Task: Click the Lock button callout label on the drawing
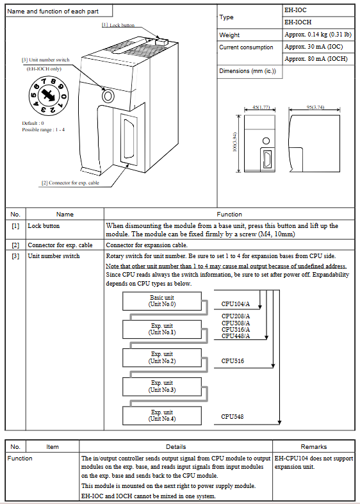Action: (118, 25)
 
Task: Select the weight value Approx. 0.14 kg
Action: (318, 35)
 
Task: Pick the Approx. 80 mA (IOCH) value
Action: (316, 59)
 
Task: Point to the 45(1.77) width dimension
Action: (259, 108)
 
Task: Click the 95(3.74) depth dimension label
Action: (315, 108)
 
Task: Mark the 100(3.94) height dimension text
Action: (235, 143)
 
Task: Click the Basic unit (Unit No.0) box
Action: (162, 301)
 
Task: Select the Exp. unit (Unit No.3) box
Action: (162, 387)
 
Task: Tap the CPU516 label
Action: (233, 361)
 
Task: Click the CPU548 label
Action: (233, 417)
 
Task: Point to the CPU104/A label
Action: (235, 304)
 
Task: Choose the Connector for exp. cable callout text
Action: (70, 183)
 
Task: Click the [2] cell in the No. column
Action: (15, 245)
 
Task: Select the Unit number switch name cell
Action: (54, 256)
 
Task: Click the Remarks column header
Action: (313, 447)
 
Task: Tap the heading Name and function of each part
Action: (53, 12)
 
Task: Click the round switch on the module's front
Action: (108, 95)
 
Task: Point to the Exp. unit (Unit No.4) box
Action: (162, 416)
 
